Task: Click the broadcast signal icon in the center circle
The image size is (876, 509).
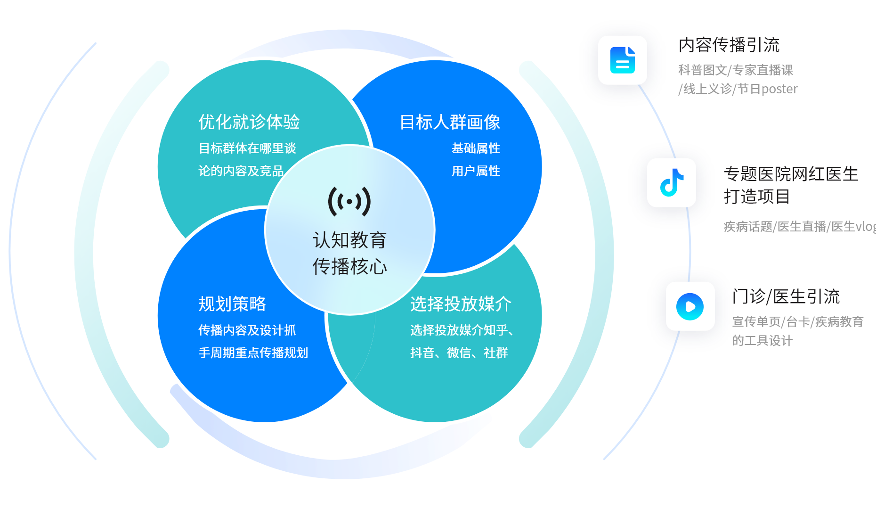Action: (349, 202)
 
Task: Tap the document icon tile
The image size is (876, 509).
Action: (622, 60)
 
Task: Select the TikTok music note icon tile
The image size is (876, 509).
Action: (672, 183)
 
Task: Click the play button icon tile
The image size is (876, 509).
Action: (690, 306)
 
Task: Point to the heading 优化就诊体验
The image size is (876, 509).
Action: (249, 122)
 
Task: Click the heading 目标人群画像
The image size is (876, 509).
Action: (450, 122)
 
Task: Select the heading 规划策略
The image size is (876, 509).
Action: (232, 304)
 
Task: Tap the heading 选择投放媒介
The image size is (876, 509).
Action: (461, 304)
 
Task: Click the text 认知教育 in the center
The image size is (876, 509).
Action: (349, 240)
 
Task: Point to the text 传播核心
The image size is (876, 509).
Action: (349, 266)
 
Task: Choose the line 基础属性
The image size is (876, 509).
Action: (476, 148)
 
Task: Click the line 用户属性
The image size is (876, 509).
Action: (476, 171)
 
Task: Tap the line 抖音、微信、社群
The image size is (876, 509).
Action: (459, 353)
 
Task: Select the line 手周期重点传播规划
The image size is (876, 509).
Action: (253, 353)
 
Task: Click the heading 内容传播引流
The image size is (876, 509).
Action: (729, 45)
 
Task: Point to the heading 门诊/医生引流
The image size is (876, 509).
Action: (786, 297)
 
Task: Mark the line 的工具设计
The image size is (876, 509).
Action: (762, 341)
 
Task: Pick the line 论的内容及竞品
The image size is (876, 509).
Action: (241, 171)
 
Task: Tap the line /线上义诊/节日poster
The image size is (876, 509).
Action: (738, 89)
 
